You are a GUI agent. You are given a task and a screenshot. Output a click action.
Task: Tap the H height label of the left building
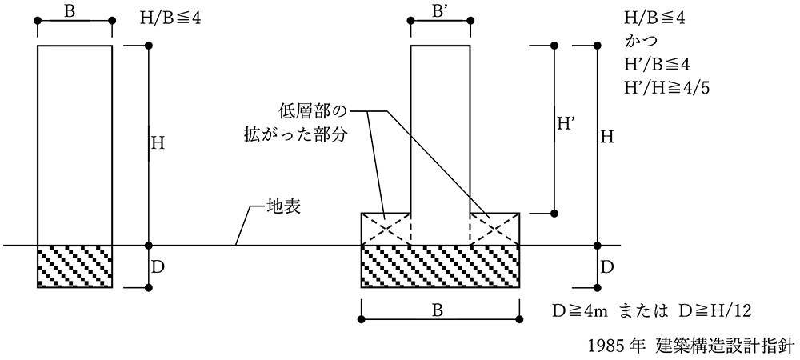158,144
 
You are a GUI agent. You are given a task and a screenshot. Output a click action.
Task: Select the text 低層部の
316,110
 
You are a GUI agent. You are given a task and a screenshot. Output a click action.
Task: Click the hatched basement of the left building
74,266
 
